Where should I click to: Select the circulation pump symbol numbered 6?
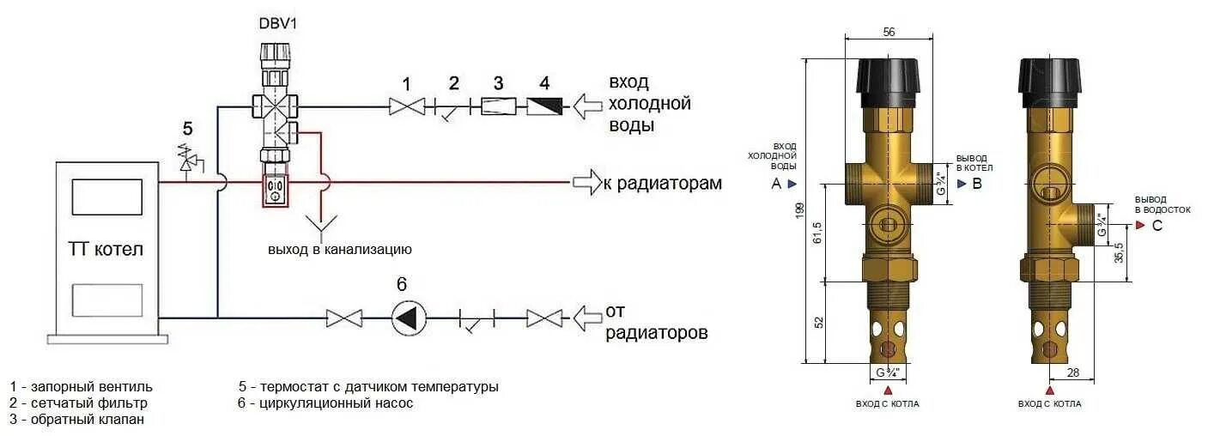pos(410,318)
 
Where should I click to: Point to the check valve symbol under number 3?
pos(497,107)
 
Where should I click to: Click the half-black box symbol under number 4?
pos(544,107)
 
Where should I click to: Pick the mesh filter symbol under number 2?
pos(453,109)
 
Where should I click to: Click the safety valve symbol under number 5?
pos(187,160)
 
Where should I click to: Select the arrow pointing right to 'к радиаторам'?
pos(586,182)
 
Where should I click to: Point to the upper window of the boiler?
pos(106,197)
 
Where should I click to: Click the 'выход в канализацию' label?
pos(340,250)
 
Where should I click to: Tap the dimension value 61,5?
pos(817,232)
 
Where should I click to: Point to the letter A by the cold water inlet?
pos(776,184)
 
